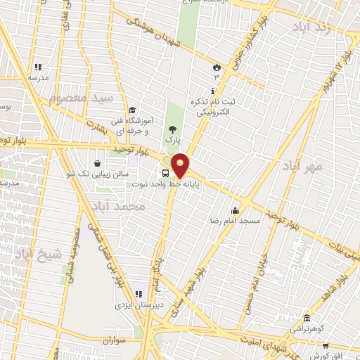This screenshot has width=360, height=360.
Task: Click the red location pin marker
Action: click(x=181, y=165)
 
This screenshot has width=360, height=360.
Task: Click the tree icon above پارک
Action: click(x=172, y=128)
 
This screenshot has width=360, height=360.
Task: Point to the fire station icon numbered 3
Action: click(x=217, y=67)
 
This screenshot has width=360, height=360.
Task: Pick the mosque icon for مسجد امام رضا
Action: click(x=235, y=210)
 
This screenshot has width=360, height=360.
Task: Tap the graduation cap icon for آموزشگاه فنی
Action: click(x=132, y=110)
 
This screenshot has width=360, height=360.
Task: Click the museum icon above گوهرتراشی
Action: click(x=306, y=318)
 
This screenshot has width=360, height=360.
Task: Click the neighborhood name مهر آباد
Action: click(x=302, y=166)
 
